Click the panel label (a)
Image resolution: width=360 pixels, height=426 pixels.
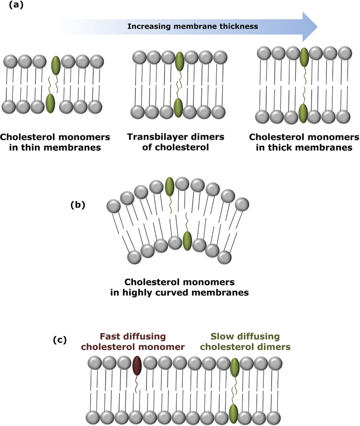(x=16, y=5)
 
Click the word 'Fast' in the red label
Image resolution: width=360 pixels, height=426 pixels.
(x=109, y=336)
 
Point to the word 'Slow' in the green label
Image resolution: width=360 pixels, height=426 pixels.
(x=222, y=336)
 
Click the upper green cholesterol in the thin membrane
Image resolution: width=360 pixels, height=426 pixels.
(x=56, y=65)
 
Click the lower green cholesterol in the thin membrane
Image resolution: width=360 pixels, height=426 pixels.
(x=50, y=104)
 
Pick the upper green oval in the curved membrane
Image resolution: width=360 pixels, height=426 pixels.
(x=170, y=186)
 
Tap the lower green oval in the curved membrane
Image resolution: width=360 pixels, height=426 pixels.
(x=187, y=241)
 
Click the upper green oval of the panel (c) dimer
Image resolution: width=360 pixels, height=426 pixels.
(x=235, y=367)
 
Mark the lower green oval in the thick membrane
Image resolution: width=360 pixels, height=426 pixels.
(x=303, y=113)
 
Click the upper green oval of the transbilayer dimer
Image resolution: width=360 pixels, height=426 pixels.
(x=179, y=61)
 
